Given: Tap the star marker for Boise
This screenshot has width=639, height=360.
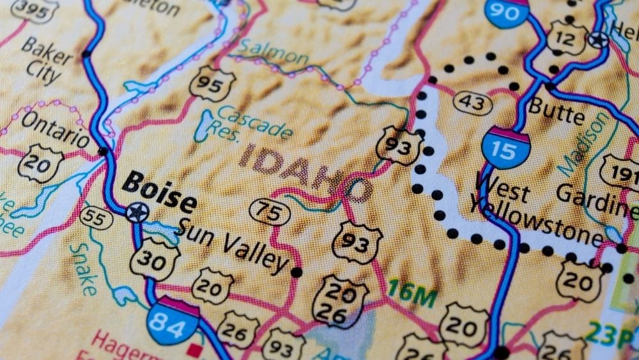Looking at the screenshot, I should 135,212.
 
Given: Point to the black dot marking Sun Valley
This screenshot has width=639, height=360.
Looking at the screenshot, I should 296,272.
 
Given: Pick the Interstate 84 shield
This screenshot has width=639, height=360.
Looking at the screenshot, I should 173,322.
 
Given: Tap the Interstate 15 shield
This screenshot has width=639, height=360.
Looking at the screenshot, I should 505,147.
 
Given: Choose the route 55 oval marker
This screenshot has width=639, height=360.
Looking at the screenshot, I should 96,219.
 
